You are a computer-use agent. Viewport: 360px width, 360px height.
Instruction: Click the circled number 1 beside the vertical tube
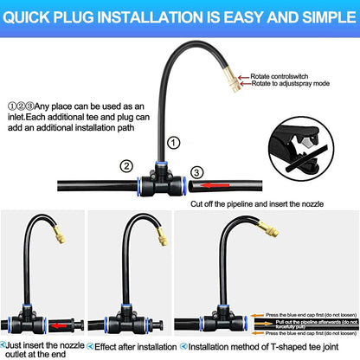[175, 142]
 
